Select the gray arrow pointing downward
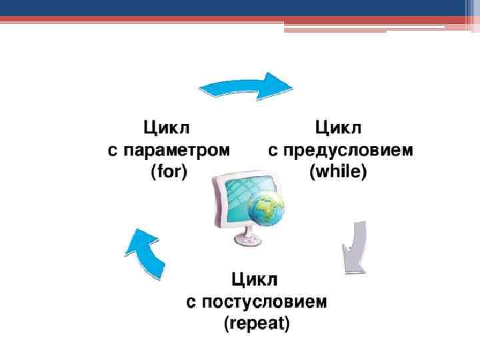pos(355,247)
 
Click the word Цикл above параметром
pos(169,127)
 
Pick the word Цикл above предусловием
pos(338,127)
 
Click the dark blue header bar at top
pos(240,8)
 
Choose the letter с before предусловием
pos(273,150)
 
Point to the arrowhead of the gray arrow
pos(353,264)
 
